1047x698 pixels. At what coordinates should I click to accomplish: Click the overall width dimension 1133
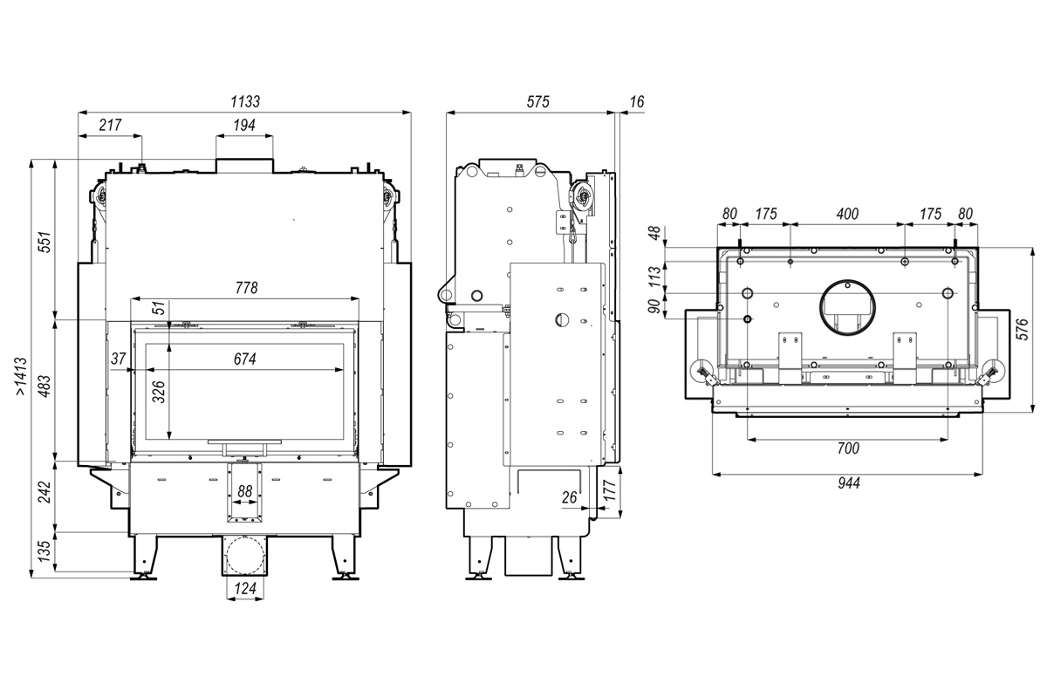coord(245,102)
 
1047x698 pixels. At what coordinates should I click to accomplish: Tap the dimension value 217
coord(110,126)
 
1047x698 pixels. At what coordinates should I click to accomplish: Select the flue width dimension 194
coord(244,126)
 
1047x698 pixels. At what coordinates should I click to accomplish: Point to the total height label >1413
coord(21,377)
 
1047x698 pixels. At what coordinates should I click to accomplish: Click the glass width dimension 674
coord(245,359)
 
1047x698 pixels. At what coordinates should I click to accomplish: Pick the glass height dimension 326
coord(159,392)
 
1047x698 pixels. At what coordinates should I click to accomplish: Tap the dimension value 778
coord(246,288)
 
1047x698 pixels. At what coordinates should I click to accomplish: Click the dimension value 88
coord(245,491)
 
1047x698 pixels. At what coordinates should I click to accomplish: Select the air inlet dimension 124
coord(245,588)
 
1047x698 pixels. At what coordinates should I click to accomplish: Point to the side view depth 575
coord(538,102)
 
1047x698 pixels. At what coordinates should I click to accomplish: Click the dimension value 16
coord(637,102)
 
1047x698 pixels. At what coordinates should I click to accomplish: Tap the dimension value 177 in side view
coord(611,491)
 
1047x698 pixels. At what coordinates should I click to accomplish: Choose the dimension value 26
coord(569,497)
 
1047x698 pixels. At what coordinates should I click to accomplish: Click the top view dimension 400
coord(847,214)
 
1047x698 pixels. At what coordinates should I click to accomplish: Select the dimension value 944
coord(848,483)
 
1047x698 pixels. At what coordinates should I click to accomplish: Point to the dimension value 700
coord(848,448)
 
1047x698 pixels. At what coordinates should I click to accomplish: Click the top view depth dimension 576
coord(1023,329)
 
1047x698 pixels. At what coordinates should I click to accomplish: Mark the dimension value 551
coord(45,242)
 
